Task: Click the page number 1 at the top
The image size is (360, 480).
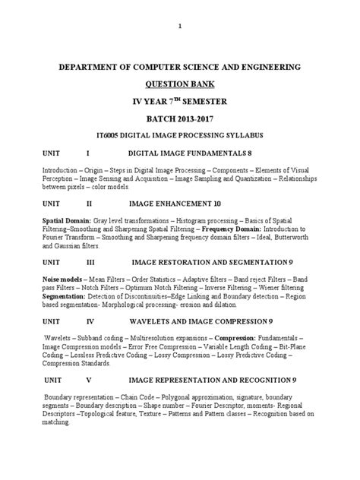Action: tap(179, 26)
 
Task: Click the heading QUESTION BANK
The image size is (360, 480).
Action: tap(179, 84)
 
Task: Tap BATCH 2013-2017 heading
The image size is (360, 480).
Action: tap(179, 118)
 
